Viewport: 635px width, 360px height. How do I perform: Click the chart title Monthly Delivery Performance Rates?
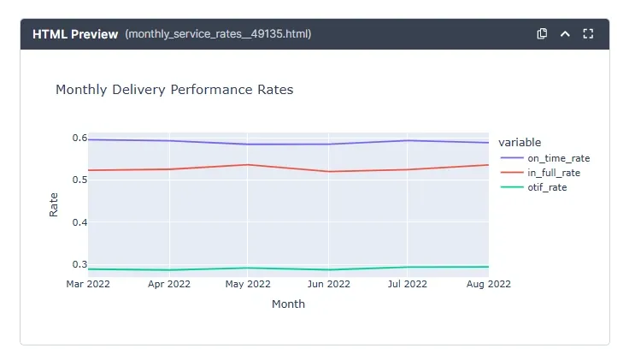coord(174,89)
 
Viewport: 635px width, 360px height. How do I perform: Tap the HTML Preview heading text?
coord(75,34)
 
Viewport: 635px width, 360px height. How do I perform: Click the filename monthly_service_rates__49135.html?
coord(218,34)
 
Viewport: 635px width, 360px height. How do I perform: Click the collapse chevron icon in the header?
coord(565,34)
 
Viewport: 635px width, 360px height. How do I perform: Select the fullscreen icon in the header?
coord(588,34)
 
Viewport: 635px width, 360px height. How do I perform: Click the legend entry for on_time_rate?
coord(558,158)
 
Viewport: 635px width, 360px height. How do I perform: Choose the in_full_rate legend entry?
coord(553,173)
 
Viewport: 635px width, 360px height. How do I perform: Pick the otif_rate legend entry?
coord(547,187)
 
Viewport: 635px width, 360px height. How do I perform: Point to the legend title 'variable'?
coord(520,142)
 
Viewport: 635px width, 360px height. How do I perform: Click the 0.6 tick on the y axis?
coord(79,138)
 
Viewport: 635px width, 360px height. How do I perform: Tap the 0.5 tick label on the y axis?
coord(79,180)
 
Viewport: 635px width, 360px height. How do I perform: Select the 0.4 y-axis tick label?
coord(79,222)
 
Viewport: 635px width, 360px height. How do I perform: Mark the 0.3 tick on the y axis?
coord(79,264)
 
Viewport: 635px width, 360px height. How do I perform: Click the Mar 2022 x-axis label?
coord(89,284)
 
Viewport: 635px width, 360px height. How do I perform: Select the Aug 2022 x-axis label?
coord(488,284)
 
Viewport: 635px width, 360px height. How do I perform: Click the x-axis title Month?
coord(288,304)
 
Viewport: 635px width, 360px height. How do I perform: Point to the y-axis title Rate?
coord(54,204)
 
